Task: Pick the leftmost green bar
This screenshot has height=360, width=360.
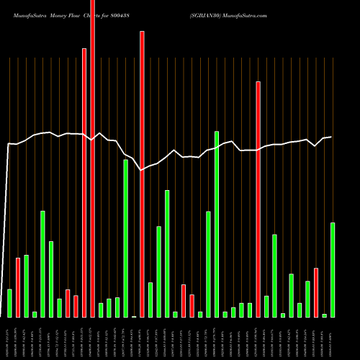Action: click(9, 303)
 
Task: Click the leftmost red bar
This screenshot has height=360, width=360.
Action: click(18, 287)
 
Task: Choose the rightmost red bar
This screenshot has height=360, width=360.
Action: click(316, 292)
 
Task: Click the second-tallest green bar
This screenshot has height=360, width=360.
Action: click(125, 238)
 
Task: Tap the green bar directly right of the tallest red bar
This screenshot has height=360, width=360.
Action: click(101, 310)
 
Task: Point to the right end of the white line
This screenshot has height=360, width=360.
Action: click(331, 137)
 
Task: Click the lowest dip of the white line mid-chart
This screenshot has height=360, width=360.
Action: click(142, 170)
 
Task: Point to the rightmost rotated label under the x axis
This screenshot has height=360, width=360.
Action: click(333, 338)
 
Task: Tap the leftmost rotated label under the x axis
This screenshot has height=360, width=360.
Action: click(9, 338)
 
